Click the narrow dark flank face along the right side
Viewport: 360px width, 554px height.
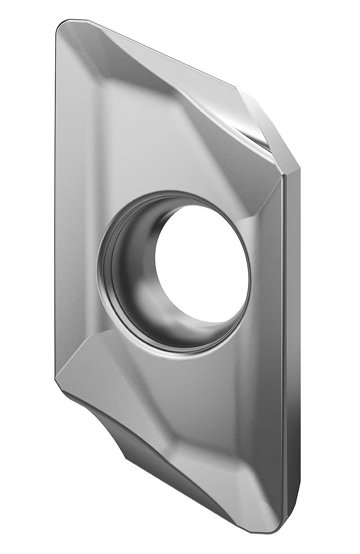[291, 351]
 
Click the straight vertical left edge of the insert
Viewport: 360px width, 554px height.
[56, 198]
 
